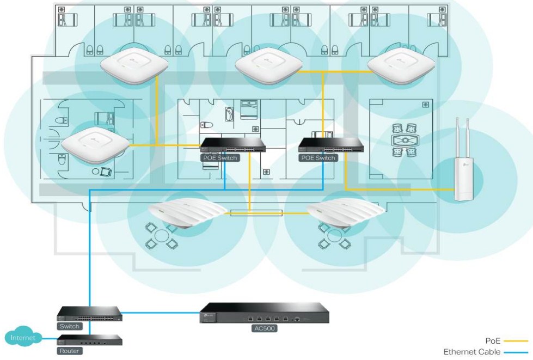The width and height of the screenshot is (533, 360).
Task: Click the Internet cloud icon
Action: [21, 339]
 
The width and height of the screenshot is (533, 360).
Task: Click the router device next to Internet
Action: [90, 341]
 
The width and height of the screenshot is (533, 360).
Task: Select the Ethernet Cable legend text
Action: [472, 352]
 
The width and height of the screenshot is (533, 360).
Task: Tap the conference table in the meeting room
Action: [405, 139]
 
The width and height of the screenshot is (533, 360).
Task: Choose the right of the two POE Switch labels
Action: [317, 158]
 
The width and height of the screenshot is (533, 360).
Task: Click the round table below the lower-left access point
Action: [162, 238]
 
